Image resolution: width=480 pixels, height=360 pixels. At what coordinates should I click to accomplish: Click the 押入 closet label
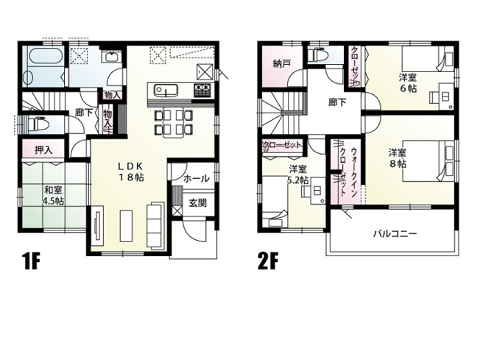click(x=43, y=150)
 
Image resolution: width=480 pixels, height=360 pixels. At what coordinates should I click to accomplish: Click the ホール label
click(x=196, y=179)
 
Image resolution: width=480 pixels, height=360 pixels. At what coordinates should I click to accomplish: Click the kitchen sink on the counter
click(x=166, y=91)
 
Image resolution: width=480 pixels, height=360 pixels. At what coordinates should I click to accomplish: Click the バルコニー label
click(x=395, y=234)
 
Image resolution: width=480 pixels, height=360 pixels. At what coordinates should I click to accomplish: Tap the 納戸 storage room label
click(x=280, y=63)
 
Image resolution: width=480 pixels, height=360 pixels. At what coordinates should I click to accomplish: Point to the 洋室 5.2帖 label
click(x=298, y=175)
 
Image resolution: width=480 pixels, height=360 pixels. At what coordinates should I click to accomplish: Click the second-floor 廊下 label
click(x=339, y=103)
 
